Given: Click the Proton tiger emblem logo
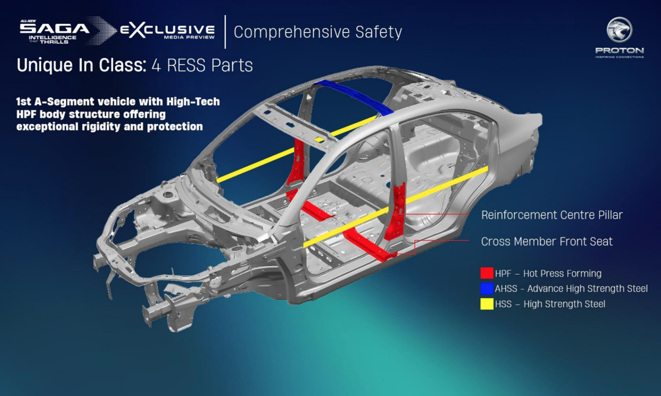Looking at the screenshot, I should pyautogui.click(x=619, y=30).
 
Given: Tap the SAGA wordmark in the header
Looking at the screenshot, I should pyautogui.click(x=54, y=28).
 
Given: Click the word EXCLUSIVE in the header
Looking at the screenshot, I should pyautogui.click(x=167, y=30).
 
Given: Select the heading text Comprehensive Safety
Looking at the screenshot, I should pyautogui.click(x=318, y=32).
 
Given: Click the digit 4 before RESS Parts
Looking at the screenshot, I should pyautogui.click(x=157, y=66).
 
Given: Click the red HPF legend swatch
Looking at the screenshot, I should pyautogui.click(x=487, y=273).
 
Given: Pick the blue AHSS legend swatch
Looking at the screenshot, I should pyautogui.click(x=487, y=289).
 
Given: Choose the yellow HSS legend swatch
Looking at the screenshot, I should pyautogui.click(x=487, y=304).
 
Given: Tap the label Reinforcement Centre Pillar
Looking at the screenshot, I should pyautogui.click(x=552, y=215).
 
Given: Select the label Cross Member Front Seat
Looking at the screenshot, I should pyautogui.click(x=547, y=242).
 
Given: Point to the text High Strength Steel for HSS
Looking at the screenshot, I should pyautogui.click(x=564, y=304).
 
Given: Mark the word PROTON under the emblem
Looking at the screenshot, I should pyautogui.click(x=619, y=50).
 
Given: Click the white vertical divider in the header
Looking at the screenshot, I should pyautogui.click(x=225, y=31).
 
